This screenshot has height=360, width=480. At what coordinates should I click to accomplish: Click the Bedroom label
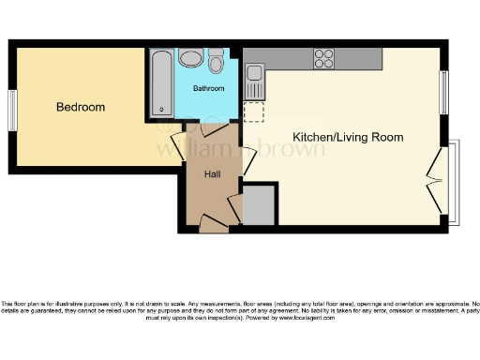pos(81,108)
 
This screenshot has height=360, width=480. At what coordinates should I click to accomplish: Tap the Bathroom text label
pos(208,88)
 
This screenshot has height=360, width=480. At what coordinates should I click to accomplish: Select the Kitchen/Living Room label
pos(348,138)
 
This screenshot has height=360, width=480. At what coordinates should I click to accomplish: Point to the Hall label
pos(214,173)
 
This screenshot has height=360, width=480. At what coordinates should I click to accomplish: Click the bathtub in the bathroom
pos(160,82)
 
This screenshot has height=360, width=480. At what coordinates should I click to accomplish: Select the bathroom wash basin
pos(191,59)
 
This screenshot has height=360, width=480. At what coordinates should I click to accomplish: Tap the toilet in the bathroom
pos(217,61)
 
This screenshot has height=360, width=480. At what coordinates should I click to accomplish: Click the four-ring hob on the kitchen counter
pos(323,58)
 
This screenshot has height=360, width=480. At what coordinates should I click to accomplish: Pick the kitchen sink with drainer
pos(255,82)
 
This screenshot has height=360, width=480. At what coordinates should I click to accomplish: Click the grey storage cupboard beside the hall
pos(259,204)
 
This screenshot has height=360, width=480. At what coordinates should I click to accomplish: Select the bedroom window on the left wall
pos(13,111)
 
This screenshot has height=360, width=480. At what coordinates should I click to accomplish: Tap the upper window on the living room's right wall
pos(444,93)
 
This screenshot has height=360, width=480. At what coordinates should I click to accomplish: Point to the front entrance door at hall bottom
pos(213,223)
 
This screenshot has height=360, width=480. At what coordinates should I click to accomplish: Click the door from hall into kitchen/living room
pos(247,158)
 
